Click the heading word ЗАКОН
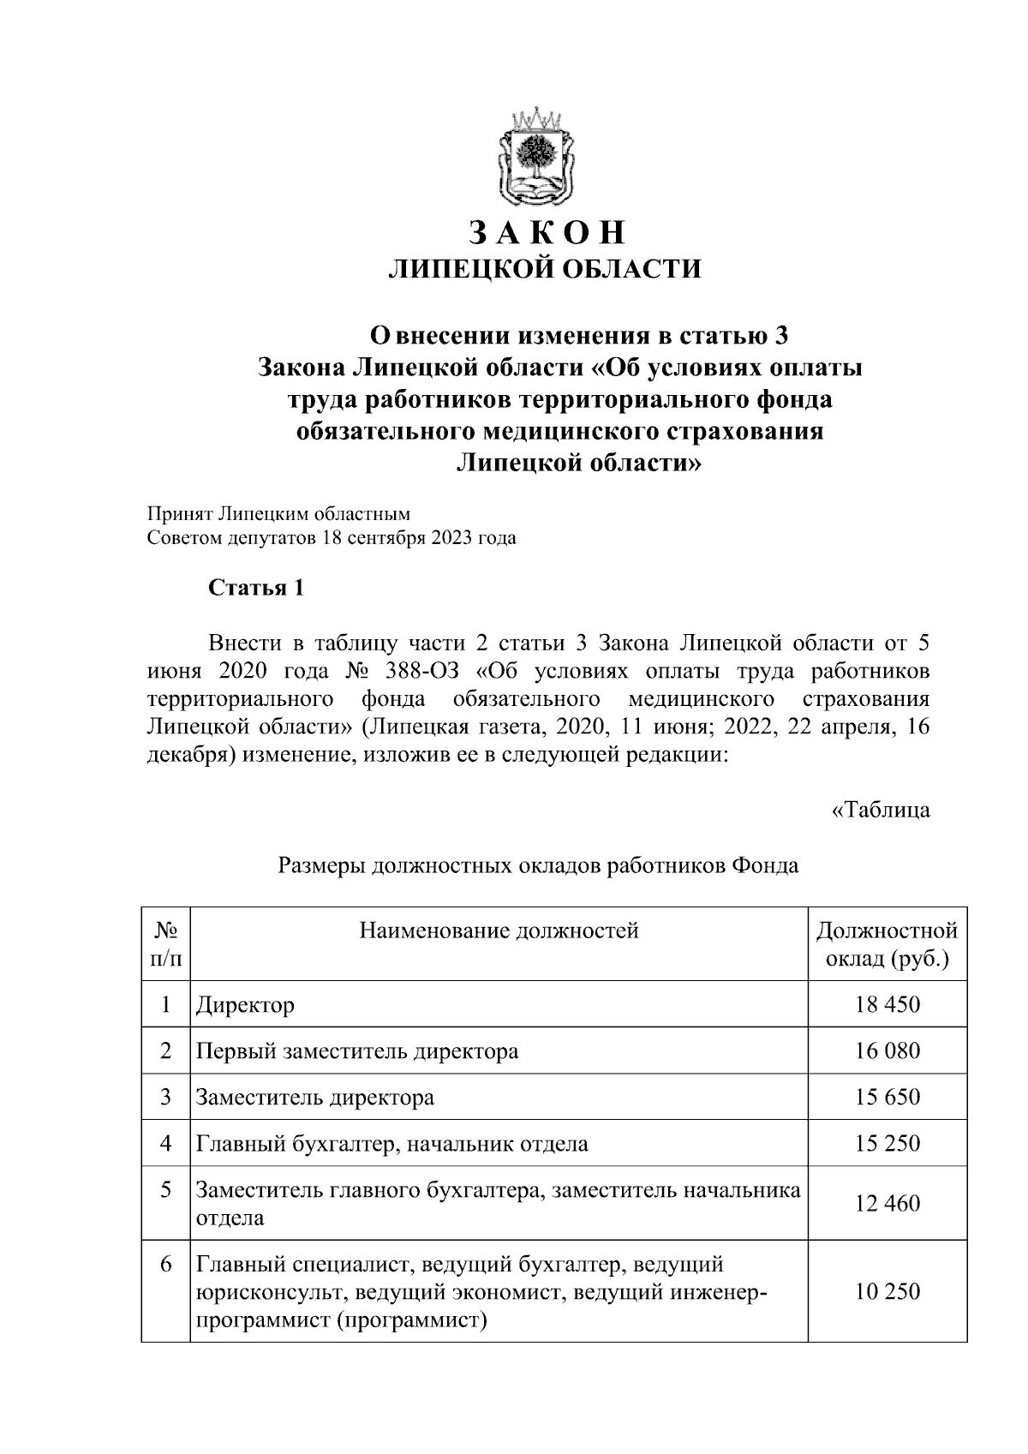point(546,233)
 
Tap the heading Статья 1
point(256,589)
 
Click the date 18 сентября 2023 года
point(419,539)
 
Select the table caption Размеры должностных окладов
point(538,866)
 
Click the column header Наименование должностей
point(499,930)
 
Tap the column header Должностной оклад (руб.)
point(887,943)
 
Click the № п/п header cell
point(166,943)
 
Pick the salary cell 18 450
point(887,1004)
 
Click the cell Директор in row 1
point(246,1004)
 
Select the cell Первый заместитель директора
point(357,1050)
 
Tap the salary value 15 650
point(887,1097)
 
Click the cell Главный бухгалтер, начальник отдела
point(391,1143)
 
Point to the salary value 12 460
point(887,1203)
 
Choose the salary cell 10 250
point(887,1292)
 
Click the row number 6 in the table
point(166,1265)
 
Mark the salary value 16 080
point(887,1050)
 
